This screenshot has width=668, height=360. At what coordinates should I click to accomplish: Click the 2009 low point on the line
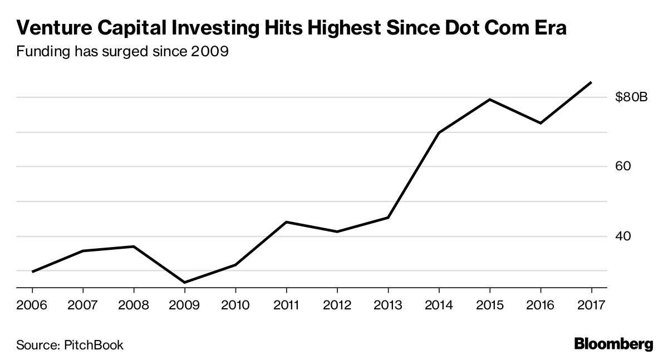(185, 283)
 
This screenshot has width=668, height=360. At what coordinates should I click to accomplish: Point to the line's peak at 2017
(591, 82)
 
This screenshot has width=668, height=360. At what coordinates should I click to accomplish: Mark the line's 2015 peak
(489, 100)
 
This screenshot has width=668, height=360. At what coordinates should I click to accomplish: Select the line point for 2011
(286, 222)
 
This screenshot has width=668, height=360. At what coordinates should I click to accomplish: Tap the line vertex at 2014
(439, 133)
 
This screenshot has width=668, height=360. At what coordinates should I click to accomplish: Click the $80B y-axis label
(632, 98)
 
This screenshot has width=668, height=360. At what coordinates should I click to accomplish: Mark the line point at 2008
(134, 246)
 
